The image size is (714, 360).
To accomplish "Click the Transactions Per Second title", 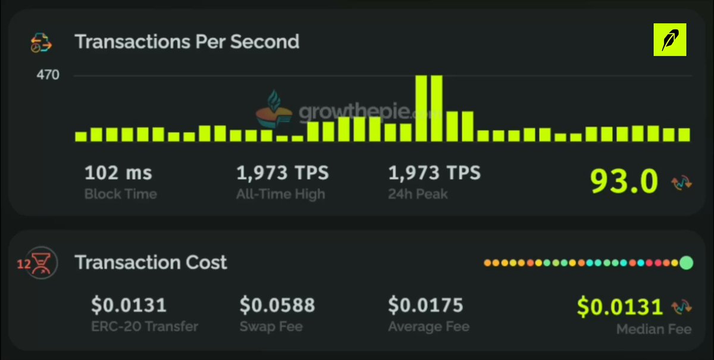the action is click(x=187, y=42).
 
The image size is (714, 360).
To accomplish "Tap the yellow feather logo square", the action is click(x=670, y=39).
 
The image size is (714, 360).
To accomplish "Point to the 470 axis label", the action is click(x=48, y=75).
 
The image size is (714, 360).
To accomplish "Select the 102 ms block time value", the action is click(x=118, y=173).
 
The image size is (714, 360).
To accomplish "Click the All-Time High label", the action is click(x=280, y=194).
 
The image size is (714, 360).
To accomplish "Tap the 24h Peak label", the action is click(x=418, y=194).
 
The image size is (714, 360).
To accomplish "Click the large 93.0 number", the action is click(x=624, y=181).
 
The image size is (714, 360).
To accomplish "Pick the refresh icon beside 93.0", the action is click(x=681, y=183).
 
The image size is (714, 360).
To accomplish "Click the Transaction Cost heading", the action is click(x=151, y=262).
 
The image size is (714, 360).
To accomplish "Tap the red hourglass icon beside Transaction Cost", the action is click(x=41, y=264).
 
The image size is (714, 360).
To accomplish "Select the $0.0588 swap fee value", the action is click(x=277, y=305).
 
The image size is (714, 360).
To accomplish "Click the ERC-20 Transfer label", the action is click(x=145, y=327).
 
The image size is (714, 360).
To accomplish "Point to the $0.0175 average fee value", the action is click(x=425, y=305).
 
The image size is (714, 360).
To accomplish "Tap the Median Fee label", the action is click(x=654, y=329).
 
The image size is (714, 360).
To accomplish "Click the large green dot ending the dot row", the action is click(x=686, y=263).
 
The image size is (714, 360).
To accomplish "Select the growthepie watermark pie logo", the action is click(x=274, y=109).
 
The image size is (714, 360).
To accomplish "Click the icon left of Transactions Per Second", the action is click(x=41, y=42).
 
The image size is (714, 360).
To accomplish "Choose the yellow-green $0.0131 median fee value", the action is click(x=620, y=307).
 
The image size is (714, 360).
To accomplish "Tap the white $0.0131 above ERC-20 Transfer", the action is click(x=129, y=305).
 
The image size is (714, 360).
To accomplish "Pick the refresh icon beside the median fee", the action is click(x=681, y=307).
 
